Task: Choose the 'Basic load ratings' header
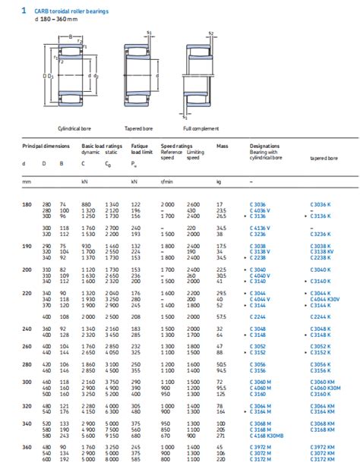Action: tap(103, 145)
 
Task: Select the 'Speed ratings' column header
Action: tap(175, 145)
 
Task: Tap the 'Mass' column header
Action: tap(222, 145)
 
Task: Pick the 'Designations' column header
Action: tap(265, 145)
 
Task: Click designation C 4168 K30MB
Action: tap(269, 435)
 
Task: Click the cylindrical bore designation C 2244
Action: tap(260, 316)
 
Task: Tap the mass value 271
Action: tap(221, 435)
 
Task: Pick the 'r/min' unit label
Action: tap(166, 181)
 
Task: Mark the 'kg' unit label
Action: tap(219, 181)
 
